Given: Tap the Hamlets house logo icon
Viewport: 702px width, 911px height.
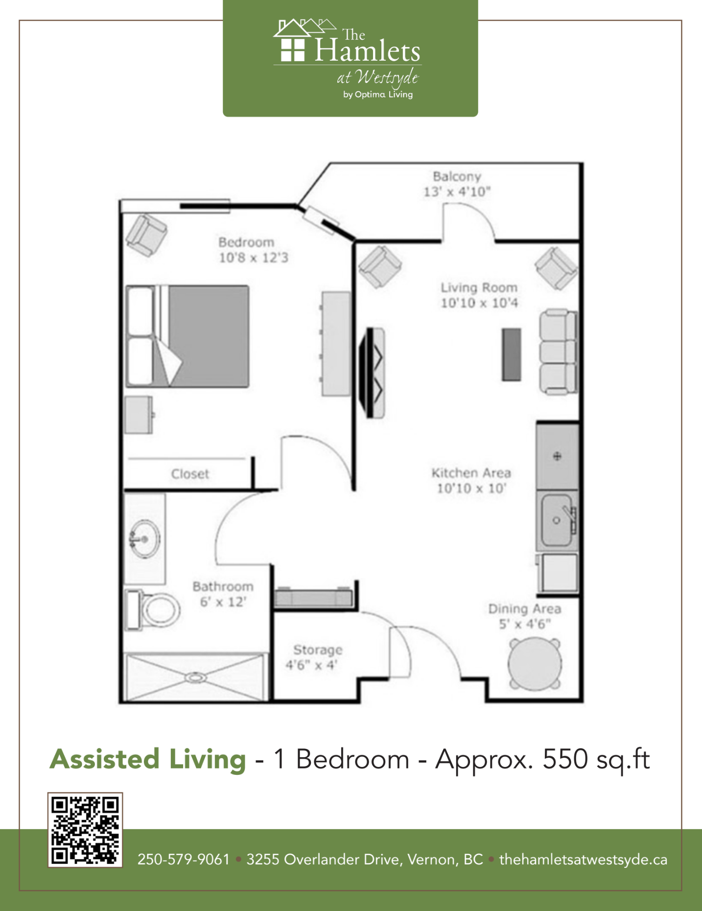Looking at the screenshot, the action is (299, 40).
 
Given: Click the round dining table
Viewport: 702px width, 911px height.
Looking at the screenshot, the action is (535, 664).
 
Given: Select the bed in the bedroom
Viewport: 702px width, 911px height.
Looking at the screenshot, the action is (188, 336).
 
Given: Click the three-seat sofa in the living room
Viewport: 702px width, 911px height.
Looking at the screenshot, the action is (558, 351).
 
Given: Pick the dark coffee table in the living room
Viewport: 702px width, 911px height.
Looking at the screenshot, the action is (511, 355).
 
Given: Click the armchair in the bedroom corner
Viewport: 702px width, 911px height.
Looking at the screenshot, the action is (146, 235).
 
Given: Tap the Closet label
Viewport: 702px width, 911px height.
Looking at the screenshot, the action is (190, 474).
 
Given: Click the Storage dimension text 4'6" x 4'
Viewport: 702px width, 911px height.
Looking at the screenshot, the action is (312, 665).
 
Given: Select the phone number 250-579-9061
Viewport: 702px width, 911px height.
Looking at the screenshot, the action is (184, 860).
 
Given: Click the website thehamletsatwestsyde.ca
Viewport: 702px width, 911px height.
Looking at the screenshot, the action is (583, 860).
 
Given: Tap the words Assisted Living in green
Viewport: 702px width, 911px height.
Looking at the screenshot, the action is (148, 759).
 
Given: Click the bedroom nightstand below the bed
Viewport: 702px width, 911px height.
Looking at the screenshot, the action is (140, 415).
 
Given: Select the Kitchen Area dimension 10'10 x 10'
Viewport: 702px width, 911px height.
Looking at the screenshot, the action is (471, 488).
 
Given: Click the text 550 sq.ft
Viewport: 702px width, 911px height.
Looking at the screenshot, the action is (596, 760).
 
